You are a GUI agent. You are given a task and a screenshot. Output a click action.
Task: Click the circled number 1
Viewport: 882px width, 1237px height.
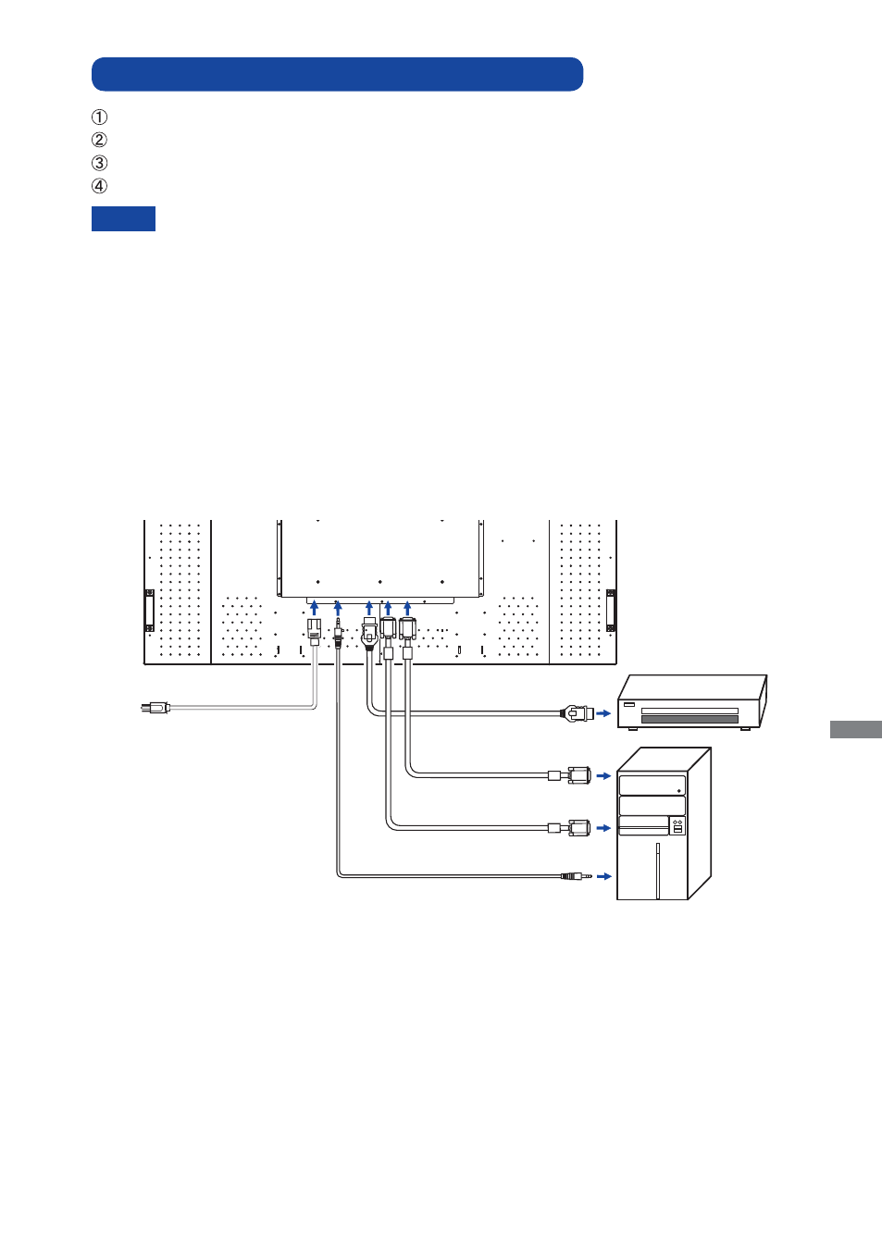pyautogui.click(x=99, y=118)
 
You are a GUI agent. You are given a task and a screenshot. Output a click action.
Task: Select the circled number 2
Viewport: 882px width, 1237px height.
pyautogui.click(x=99, y=141)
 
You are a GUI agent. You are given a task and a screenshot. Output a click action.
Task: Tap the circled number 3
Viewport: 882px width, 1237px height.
pyautogui.click(x=99, y=164)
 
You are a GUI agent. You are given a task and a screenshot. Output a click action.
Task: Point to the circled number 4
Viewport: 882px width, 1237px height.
pyautogui.click(x=99, y=186)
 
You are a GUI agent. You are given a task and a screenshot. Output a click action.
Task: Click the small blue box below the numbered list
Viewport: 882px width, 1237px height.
pyautogui.click(x=123, y=218)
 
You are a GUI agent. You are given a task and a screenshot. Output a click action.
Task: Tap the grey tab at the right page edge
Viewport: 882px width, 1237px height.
pyautogui.click(x=855, y=729)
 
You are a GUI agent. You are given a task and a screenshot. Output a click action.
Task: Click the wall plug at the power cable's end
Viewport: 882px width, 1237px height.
pyautogui.click(x=155, y=707)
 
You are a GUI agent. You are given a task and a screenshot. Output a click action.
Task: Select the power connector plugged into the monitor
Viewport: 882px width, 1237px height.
pyautogui.click(x=315, y=631)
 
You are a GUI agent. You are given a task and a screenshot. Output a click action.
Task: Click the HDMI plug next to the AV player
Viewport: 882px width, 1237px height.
pyautogui.click(x=578, y=713)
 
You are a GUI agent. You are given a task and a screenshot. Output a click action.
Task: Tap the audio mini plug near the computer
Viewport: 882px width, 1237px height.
pyautogui.click(x=576, y=876)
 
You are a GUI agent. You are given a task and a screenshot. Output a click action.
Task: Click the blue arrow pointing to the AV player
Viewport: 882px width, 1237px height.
pyautogui.click(x=603, y=713)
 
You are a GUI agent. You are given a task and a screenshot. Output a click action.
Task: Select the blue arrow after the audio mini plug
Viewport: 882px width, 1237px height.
pyautogui.click(x=604, y=876)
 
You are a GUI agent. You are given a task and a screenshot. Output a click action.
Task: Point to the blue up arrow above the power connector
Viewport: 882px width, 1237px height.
pyautogui.click(x=315, y=608)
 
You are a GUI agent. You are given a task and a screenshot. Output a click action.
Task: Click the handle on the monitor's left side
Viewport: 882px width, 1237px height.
pyautogui.click(x=150, y=611)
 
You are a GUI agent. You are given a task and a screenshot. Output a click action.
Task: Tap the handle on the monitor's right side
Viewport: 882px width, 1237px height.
pyautogui.click(x=611, y=611)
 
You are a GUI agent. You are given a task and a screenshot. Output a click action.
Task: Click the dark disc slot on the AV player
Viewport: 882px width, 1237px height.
pyautogui.click(x=689, y=719)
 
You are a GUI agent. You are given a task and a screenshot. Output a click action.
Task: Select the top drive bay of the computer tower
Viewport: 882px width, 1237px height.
pyautogui.click(x=652, y=785)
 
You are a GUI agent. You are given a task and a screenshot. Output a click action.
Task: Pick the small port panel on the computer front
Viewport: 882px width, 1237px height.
pyautogui.click(x=677, y=826)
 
